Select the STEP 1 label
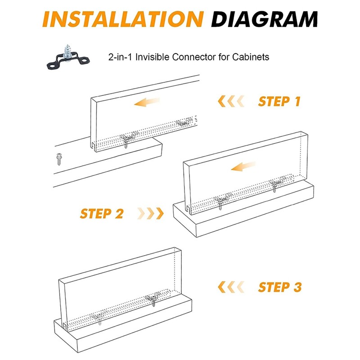(x=279, y=101)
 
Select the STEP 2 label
(x=102, y=213)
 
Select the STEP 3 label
(x=279, y=286)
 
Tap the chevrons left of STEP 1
(x=231, y=101)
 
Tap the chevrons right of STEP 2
(x=150, y=213)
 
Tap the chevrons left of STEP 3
(x=231, y=286)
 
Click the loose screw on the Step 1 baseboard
(x=58, y=158)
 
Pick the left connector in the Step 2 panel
(x=220, y=200)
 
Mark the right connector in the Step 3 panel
(x=153, y=299)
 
